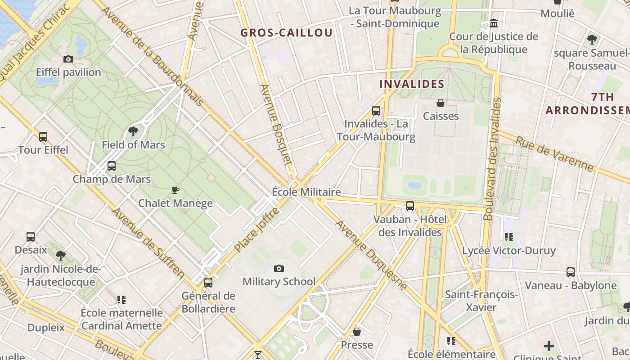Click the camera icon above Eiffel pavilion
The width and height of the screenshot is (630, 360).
coord(68,59)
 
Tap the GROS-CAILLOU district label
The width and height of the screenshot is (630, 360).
coord(286,33)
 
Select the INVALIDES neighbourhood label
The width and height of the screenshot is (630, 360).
coord(412,84)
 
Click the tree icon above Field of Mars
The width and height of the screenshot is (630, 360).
coord(133,131)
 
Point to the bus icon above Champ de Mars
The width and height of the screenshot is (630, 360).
coord(112,166)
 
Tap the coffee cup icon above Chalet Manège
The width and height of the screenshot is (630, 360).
coord(175,190)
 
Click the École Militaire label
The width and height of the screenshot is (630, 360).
coord(306,192)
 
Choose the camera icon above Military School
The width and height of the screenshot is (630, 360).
coord(279,269)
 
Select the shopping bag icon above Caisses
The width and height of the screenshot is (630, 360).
coord(441,103)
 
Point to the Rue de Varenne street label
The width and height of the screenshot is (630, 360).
coord(554,154)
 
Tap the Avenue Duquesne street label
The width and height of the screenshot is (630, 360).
coord(371,255)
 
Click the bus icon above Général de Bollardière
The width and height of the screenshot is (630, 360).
coord(208,283)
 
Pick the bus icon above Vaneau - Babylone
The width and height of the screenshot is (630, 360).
coord(571,272)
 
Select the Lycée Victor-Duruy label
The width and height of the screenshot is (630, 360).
coord(509,251)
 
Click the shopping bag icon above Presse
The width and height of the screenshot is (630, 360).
coord(357,332)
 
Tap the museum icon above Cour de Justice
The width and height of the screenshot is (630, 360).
coord(494,23)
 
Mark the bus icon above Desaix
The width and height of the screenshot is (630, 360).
coord(31,237)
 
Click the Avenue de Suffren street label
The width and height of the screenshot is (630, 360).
coord(148,242)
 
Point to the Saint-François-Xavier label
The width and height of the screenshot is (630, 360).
coord(481,301)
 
